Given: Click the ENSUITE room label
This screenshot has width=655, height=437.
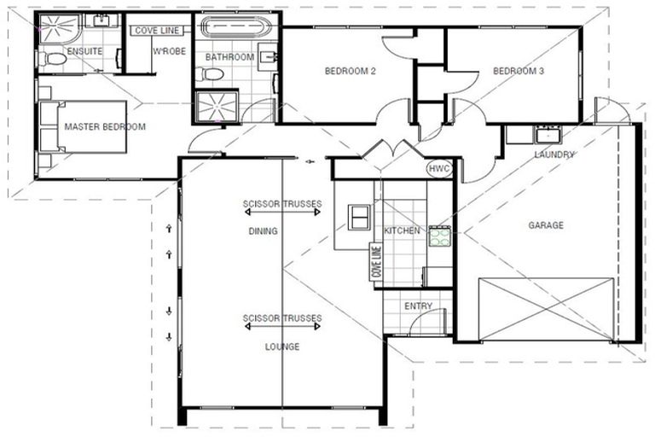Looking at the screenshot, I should (x=84, y=51).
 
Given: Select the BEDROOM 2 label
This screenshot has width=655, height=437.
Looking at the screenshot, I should (x=351, y=72).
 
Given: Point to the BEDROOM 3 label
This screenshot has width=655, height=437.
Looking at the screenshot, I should (x=519, y=72).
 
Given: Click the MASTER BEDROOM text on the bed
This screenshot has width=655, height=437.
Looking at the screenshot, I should (x=105, y=127).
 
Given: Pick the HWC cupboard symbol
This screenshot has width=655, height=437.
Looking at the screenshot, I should (x=439, y=169).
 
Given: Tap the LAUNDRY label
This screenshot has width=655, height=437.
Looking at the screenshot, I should (x=554, y=154).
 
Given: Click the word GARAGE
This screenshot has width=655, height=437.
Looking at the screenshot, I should (x=546, y=225).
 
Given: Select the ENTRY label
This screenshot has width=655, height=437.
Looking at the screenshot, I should (x=419, y=306).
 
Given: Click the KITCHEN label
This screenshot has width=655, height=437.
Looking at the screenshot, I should (x=401, y=231).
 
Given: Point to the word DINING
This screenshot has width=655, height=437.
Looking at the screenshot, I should (x=264, y=231).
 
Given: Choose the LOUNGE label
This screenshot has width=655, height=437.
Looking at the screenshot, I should (x=282, y=347).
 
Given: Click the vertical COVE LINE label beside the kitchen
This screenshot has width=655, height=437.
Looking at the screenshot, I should (x=374, y=262).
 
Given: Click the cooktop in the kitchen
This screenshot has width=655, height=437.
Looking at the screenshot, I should (x=439, y=236).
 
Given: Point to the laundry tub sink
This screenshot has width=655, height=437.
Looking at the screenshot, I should (x=545, y=134).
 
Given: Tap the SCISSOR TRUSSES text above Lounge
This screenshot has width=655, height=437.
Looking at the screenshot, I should (x=282, y=319).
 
